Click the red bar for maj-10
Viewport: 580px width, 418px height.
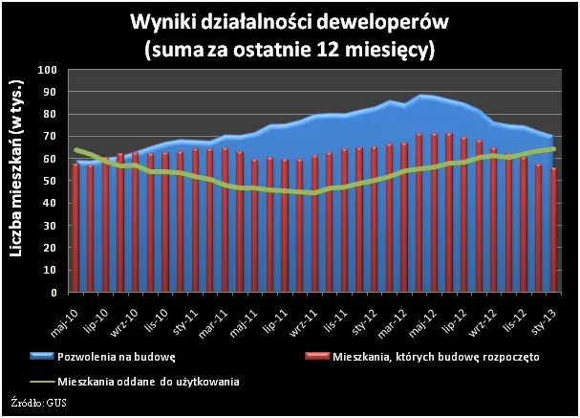[x=75, y=228]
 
